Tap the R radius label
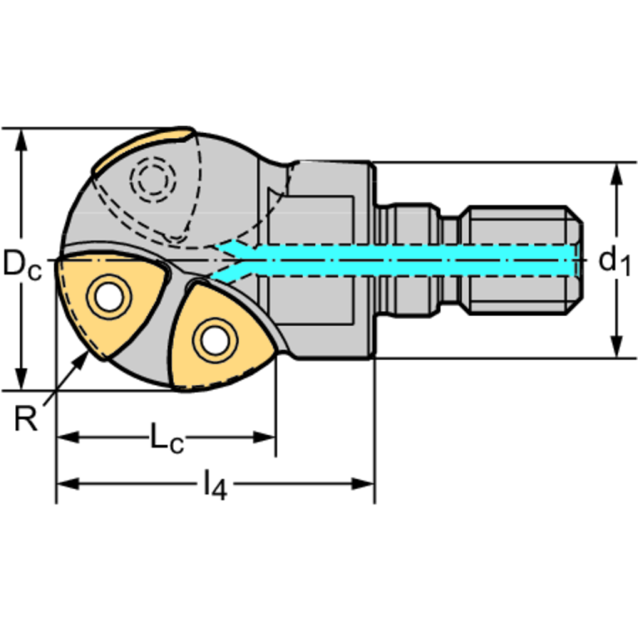coord(27,418)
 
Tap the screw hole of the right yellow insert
coord(212,339)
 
